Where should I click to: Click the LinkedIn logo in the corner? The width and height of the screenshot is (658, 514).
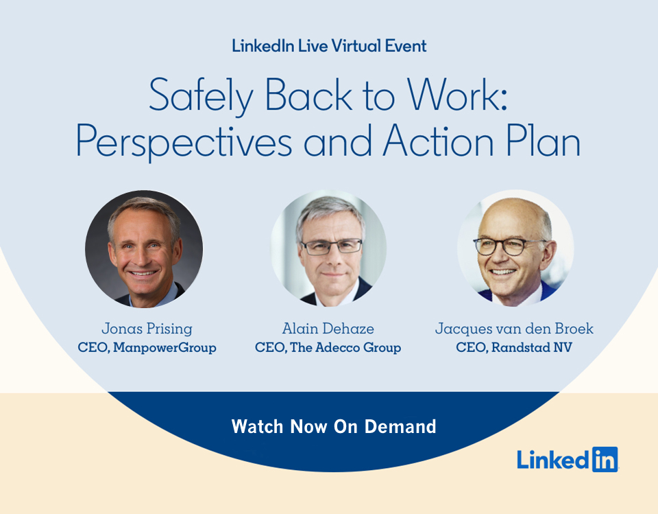coord(567,459)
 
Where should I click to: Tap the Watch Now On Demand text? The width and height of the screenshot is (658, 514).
coord(334,426)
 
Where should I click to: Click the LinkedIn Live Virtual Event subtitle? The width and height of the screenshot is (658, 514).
coord(329,46)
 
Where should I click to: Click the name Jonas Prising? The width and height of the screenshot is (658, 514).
coord(147,329)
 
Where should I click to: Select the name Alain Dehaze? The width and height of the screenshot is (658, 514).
coord(328,329)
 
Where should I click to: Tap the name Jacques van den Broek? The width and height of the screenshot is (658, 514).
coord(514,329)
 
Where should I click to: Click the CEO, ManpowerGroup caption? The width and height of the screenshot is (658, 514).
coord(147,348)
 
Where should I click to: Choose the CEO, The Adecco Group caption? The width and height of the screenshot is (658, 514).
coord(328,348)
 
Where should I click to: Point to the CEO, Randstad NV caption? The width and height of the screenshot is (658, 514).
coord(514,348)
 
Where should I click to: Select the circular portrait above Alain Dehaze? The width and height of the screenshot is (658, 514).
coord(329,248)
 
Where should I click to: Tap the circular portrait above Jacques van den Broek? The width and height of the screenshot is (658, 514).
coord(515,248)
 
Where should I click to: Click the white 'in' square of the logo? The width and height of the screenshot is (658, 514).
coord(604,459)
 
